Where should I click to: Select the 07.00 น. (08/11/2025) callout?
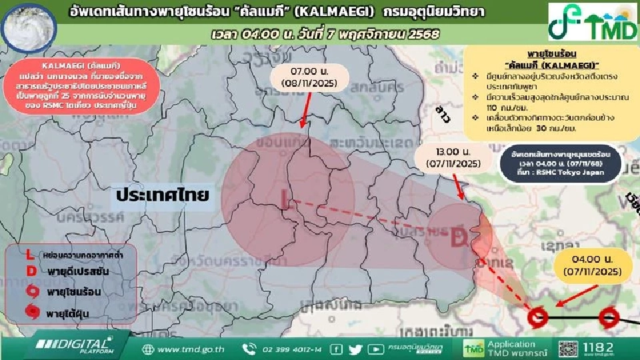tap(304, 77)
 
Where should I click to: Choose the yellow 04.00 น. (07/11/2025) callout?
tap(595, 266)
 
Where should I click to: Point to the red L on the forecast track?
tap(286, 199)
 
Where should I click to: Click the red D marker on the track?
tap(458, 237)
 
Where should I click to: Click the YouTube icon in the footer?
tap(375, 349)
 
